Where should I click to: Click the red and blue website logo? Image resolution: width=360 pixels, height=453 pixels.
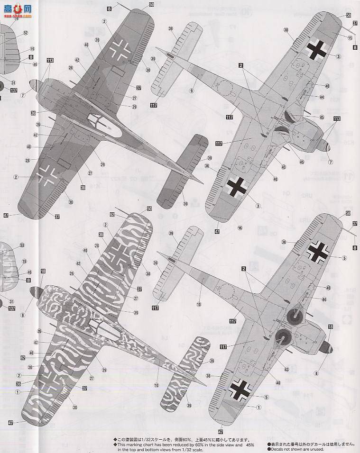(17, 10)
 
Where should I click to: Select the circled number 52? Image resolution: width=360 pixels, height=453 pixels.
(26, 33)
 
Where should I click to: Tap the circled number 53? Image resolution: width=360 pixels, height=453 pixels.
(22, 245)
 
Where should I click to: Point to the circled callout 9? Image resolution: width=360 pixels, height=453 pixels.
(191, 91)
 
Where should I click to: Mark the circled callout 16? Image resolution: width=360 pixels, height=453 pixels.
(240, 227)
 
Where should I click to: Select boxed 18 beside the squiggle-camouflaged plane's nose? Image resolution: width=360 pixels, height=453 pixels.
(43, 271)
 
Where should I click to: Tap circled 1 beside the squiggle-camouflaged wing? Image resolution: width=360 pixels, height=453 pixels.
(18, 392)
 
